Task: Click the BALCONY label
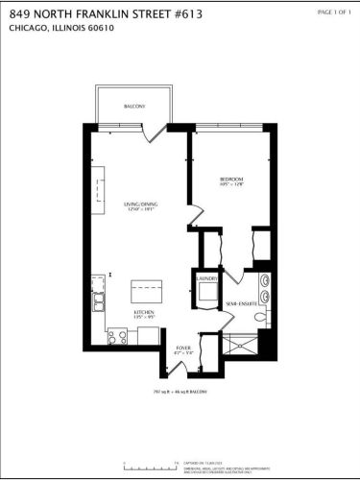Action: (x=133, y=107)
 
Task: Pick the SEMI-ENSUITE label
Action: (x=239, y=303)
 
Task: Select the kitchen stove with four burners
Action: (x=117, y=337)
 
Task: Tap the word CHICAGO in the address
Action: (x=28, y=30)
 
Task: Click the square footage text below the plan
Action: (x=180, y=392)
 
